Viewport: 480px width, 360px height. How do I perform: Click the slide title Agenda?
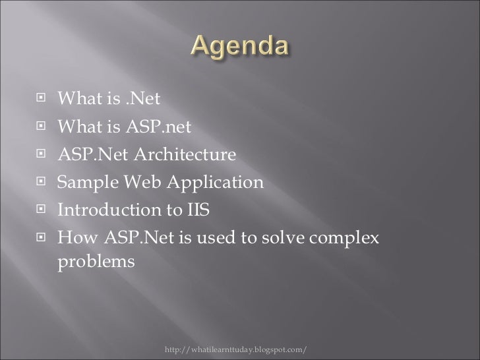pos(240,48)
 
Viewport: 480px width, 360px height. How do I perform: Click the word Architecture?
pos(187,155)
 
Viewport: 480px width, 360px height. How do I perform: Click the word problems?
pos(96,262)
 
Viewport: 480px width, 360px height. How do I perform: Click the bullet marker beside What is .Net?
pos(42,100)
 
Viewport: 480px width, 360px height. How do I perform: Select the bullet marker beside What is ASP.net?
pos(42,127)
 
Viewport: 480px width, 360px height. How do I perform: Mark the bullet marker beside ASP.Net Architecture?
pos(42,155)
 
